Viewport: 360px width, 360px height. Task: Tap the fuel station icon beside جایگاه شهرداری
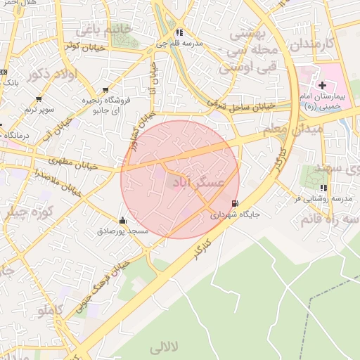(x=234, y=203)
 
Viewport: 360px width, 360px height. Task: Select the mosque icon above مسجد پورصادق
(x=123, y=220)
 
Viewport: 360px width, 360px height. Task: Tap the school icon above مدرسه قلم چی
(x=179, y=32)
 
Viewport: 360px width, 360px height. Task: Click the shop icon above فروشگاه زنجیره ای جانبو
(x=105, y=90)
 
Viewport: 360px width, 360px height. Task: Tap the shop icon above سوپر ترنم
(x=38, y=99)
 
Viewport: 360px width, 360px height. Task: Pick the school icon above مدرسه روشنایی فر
(x=323, y=188)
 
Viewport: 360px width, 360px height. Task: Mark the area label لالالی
(x=166, y=347)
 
